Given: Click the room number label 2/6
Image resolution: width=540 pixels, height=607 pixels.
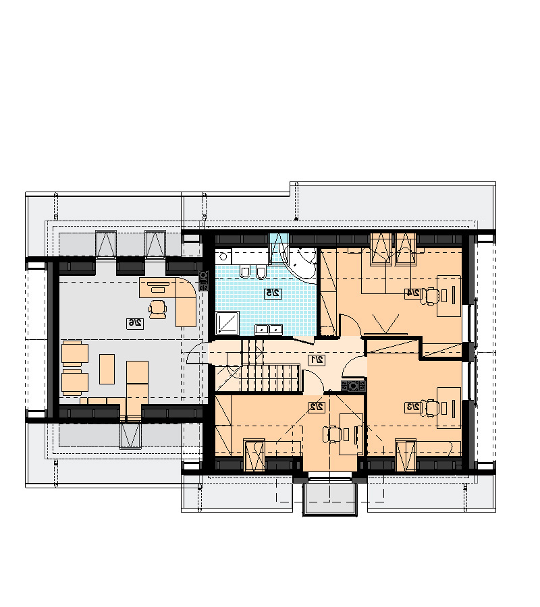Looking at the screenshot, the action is click(135, 323).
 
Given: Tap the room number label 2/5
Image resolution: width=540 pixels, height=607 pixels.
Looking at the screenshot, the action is click(273, 293).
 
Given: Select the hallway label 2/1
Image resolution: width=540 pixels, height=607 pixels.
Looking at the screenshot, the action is click(317, 359).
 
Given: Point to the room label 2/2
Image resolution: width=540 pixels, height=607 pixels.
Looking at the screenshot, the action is click(317, 407).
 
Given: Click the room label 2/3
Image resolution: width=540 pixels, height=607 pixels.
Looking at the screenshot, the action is click(413, 407).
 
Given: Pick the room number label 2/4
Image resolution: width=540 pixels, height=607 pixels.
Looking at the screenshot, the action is click(413, 293).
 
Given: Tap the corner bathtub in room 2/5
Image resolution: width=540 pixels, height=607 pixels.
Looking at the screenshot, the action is click(303, 264).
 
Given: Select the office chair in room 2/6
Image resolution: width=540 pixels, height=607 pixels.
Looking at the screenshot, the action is click(158, 309).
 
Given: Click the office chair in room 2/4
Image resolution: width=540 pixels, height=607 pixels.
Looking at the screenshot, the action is click(431, 296).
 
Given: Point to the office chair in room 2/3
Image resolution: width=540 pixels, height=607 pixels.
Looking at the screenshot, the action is click(431, 408).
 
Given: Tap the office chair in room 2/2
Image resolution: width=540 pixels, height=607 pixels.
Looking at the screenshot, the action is click(332, 434).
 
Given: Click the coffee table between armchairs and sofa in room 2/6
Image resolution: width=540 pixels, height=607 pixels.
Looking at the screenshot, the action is click(107, 369).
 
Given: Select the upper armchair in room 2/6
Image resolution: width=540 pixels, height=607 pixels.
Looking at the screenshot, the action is click(75, 353).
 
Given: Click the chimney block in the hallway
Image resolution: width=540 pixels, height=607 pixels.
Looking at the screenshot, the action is click(353, 386).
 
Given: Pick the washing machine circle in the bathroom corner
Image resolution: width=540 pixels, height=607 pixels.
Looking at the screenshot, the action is click(223, 256).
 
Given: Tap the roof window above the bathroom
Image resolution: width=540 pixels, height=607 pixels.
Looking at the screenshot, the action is click(279, 248).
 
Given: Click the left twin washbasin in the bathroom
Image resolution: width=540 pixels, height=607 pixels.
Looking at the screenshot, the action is click(262, 329).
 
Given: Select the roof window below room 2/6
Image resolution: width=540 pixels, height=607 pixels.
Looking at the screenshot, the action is click(130, 436).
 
